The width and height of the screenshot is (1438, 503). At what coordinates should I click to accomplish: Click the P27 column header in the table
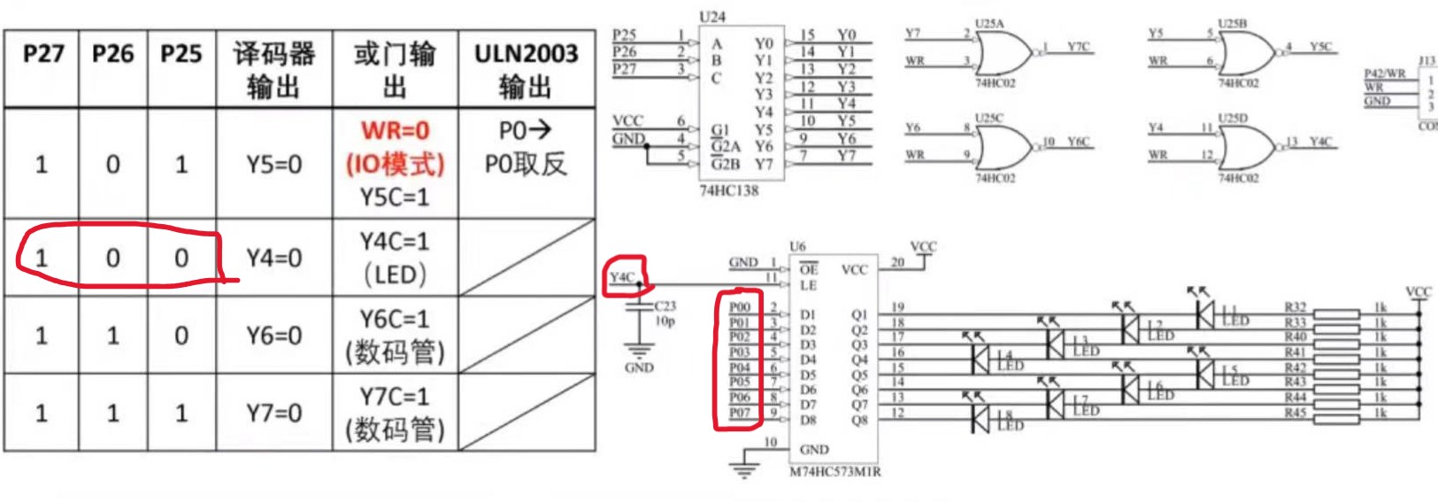pos(42,55)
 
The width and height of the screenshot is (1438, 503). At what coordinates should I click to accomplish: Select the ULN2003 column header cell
pos(526,69)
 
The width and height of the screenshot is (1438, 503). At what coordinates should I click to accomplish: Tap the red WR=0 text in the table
pos(395,131)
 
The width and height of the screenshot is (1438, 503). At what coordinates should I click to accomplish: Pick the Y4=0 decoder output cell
pos(273,259)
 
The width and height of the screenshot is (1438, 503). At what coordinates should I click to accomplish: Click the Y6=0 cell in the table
pos(273,336)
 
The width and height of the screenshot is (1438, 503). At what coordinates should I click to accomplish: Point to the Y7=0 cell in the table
pos(273,413)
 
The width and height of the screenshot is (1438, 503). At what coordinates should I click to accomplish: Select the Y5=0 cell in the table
pos(273,165)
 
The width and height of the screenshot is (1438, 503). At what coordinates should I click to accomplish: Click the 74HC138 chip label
pos(729,190)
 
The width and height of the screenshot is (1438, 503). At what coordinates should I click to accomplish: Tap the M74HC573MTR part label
pos(834,472)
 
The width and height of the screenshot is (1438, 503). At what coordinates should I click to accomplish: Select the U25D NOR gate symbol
pos(1243,147)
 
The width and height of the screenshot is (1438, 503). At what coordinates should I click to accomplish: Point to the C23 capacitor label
pos(665,306)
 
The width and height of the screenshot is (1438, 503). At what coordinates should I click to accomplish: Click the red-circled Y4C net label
pos(622,277)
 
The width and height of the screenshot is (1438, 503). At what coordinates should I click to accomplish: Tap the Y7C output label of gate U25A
pos(1078,47)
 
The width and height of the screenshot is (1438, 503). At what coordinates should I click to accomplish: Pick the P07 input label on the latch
pos(739,413)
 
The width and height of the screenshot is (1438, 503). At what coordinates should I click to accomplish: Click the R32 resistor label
pos(1295,307)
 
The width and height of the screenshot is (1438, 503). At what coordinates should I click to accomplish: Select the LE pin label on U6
pos(808,285)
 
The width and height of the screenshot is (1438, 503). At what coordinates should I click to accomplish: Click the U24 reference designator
pos(711,17)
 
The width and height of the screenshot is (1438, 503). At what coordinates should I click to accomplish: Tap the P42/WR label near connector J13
pos(1384,74)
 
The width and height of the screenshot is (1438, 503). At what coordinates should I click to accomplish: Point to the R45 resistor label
pos(1295,413)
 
